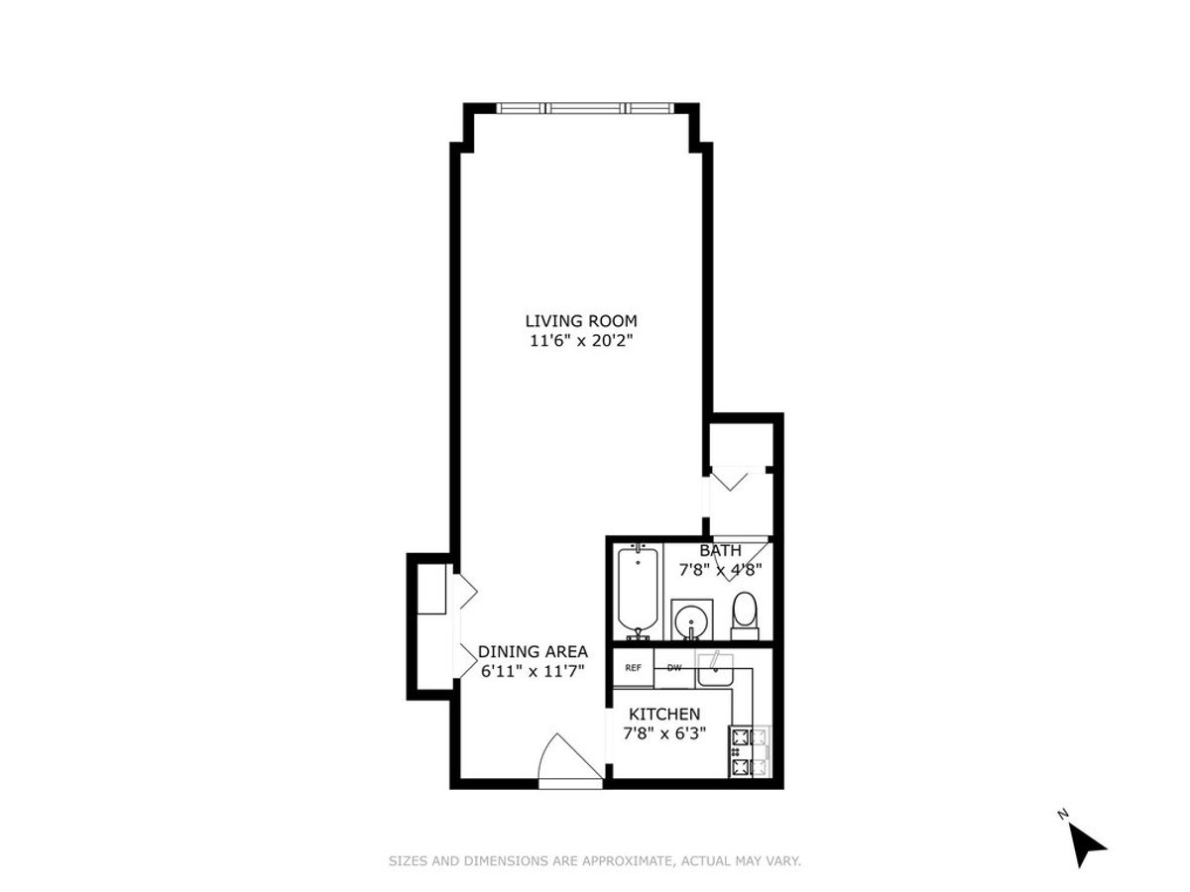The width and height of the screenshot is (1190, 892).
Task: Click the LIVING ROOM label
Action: tap(581, 321)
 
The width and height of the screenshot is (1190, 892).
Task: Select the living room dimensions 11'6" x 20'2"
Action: tap(581, 341)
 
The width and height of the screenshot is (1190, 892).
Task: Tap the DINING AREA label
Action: tap(533, 651)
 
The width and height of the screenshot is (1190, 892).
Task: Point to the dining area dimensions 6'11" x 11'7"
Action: tap(533, 672)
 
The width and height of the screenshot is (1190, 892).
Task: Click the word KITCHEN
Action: tap(664, 714)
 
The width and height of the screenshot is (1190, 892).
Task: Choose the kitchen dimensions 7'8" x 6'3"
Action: tap(664, 733)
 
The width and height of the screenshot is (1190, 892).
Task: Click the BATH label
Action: tap(720, 551)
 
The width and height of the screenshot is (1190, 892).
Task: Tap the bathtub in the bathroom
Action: tap(638, 594)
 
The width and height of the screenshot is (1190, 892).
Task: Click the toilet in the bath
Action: tap(745, 615)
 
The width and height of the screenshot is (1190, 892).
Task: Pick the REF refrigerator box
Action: tap(633, 668)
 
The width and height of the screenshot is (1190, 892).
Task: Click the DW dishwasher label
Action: tap(674, 668)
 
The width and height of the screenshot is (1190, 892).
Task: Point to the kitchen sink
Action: tap(715, 670)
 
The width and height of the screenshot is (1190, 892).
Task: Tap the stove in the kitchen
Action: tap(750, 751)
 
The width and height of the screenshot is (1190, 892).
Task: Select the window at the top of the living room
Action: tap(585, 108)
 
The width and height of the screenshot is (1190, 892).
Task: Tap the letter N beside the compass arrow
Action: tap(1063, 814)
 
